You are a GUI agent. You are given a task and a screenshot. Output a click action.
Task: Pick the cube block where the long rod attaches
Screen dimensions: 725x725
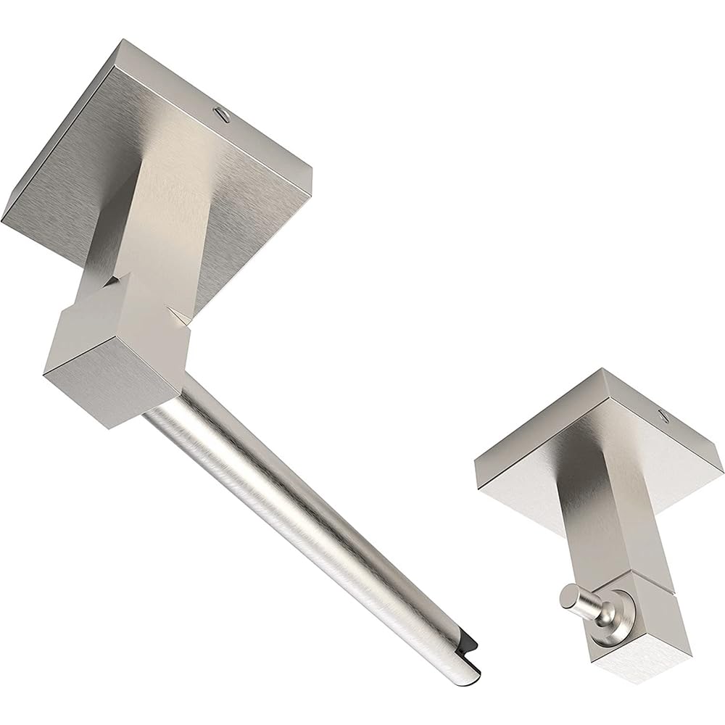point(116,348)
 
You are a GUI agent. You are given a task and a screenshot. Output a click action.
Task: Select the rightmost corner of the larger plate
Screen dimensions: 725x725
point(311,174)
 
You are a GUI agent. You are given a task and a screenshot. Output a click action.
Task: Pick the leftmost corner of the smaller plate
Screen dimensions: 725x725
point(476,464)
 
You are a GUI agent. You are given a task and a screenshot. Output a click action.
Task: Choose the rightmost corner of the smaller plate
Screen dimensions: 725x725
point(721,464)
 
